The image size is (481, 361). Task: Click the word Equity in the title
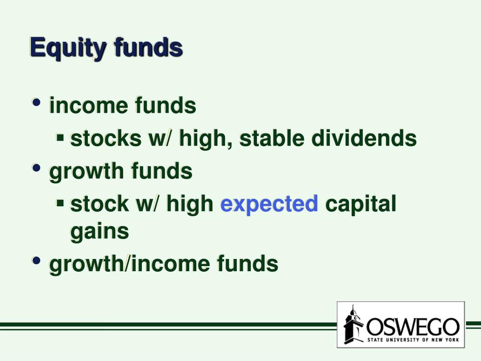(x=68, y=48)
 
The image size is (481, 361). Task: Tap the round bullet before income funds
(x=36, y=102)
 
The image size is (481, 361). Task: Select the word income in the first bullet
(x=88, y=105)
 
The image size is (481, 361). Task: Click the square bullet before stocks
(x=60, y=136)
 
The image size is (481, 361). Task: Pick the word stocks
(x=106, y=138)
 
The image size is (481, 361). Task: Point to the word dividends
(x=364, y=138)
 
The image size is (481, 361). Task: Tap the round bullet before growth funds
(x=36, y=168)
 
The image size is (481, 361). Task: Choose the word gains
(x=100, y=232)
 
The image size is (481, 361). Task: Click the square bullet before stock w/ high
(x=60, y=202)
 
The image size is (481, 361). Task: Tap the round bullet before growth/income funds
(x=36, y=261)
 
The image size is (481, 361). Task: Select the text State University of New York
(x=413, y=340)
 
